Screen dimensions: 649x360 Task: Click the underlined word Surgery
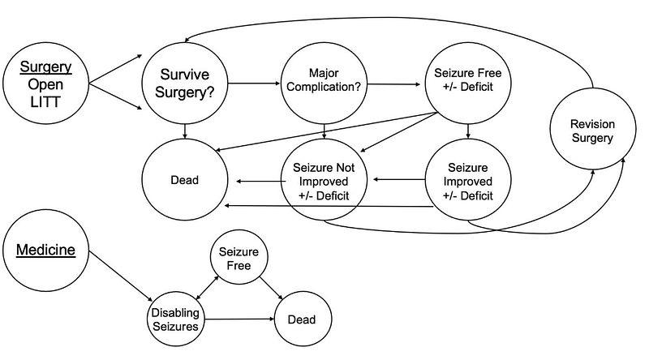[x=45, y=66]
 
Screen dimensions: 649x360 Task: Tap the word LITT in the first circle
[x=45, y=102]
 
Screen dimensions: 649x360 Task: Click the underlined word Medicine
[x=45, y=250]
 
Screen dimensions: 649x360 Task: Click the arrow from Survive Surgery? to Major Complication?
[x=254, y=84]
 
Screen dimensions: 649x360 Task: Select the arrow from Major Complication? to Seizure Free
[x=393, y=84]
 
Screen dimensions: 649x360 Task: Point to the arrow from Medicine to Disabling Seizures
[x=121, y=276]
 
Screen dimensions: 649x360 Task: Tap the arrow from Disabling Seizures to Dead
[x=239, y=319]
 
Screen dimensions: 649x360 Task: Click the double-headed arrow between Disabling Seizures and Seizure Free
[x=208, y=287]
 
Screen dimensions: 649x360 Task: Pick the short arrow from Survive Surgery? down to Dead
[x=185, y=131]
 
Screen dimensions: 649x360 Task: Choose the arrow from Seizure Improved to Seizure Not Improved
[x=399, y=179]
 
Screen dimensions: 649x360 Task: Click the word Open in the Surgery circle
[x=45, y=84]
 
